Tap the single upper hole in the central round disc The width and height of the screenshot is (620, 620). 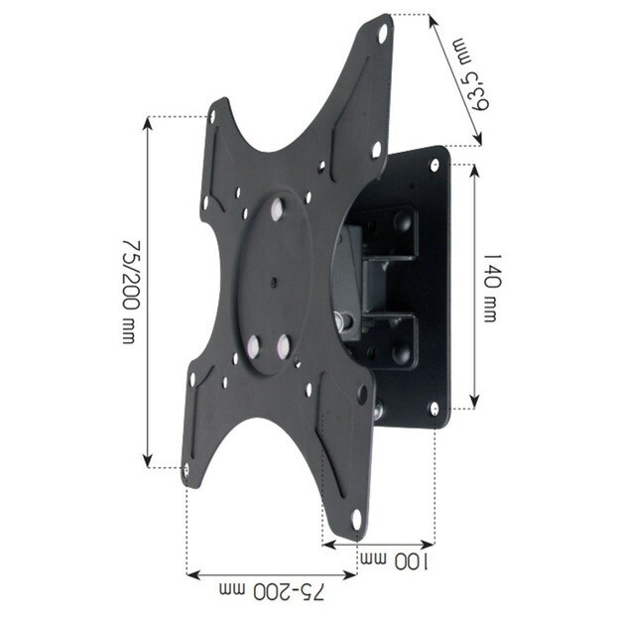275,210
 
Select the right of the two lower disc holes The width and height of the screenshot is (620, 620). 285,347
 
